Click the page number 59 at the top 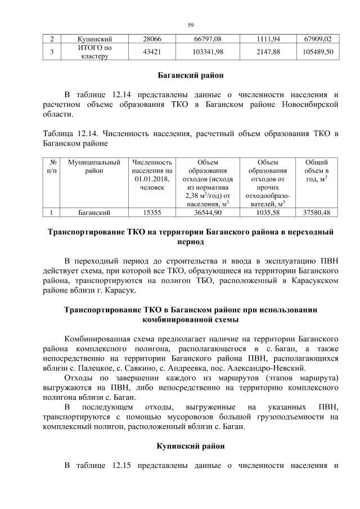(190, 25)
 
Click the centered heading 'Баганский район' (190, 75)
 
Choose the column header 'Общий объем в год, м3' (316, 170)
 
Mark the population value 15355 (151, 213)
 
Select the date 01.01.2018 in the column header (151, 179)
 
